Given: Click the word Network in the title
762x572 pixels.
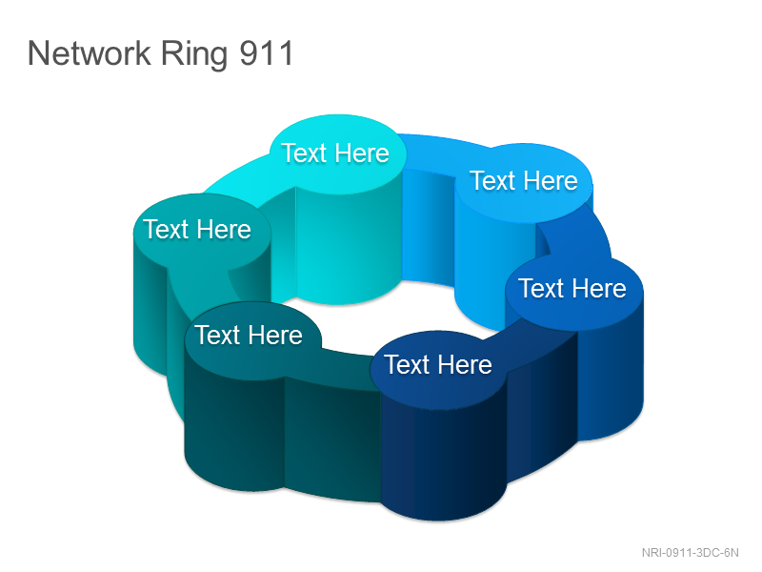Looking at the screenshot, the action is [90, 53].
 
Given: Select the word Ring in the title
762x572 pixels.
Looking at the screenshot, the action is [194, 54].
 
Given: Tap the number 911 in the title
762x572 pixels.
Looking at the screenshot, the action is [267, 53].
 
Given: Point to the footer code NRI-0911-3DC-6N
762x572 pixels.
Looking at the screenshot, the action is [690, 553].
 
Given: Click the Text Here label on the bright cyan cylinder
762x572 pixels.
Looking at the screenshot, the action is [335, 153].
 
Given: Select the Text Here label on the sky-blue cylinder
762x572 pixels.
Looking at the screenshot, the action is [524, 181].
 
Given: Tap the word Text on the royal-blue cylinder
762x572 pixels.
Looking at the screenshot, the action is [540, 288].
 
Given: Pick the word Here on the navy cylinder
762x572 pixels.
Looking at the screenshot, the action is [466, 365].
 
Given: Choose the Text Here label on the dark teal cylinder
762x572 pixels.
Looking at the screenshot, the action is [249, 336].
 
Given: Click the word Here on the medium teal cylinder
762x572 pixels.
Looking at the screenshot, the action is [225, 230].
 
